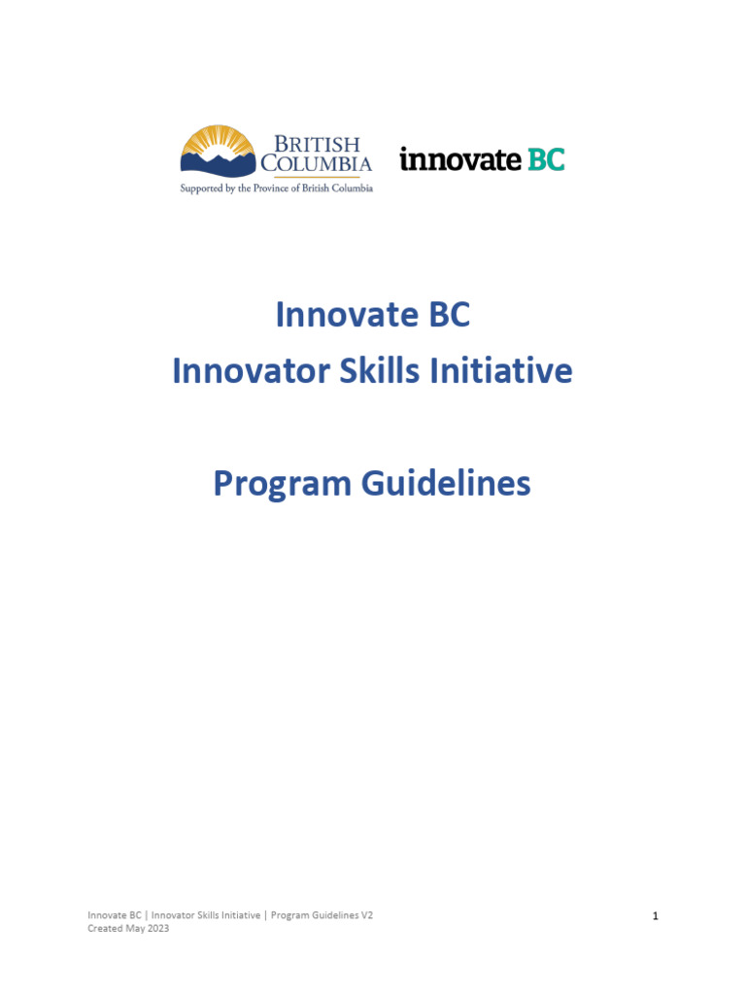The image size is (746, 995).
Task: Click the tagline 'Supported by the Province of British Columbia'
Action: pos(276,189)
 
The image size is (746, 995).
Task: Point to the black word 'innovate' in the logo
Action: pos(460,160)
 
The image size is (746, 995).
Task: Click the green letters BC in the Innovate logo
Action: pos(546,159)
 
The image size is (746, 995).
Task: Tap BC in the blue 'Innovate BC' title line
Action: pos(446,315)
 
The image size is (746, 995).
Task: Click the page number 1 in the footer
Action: pos(656,915)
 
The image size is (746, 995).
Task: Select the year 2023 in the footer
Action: pos(156,928)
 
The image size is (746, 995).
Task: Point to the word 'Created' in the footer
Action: pos(105,928)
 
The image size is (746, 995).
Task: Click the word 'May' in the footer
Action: pos(134,928)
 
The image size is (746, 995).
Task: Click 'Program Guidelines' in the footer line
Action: pos(312,915)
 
